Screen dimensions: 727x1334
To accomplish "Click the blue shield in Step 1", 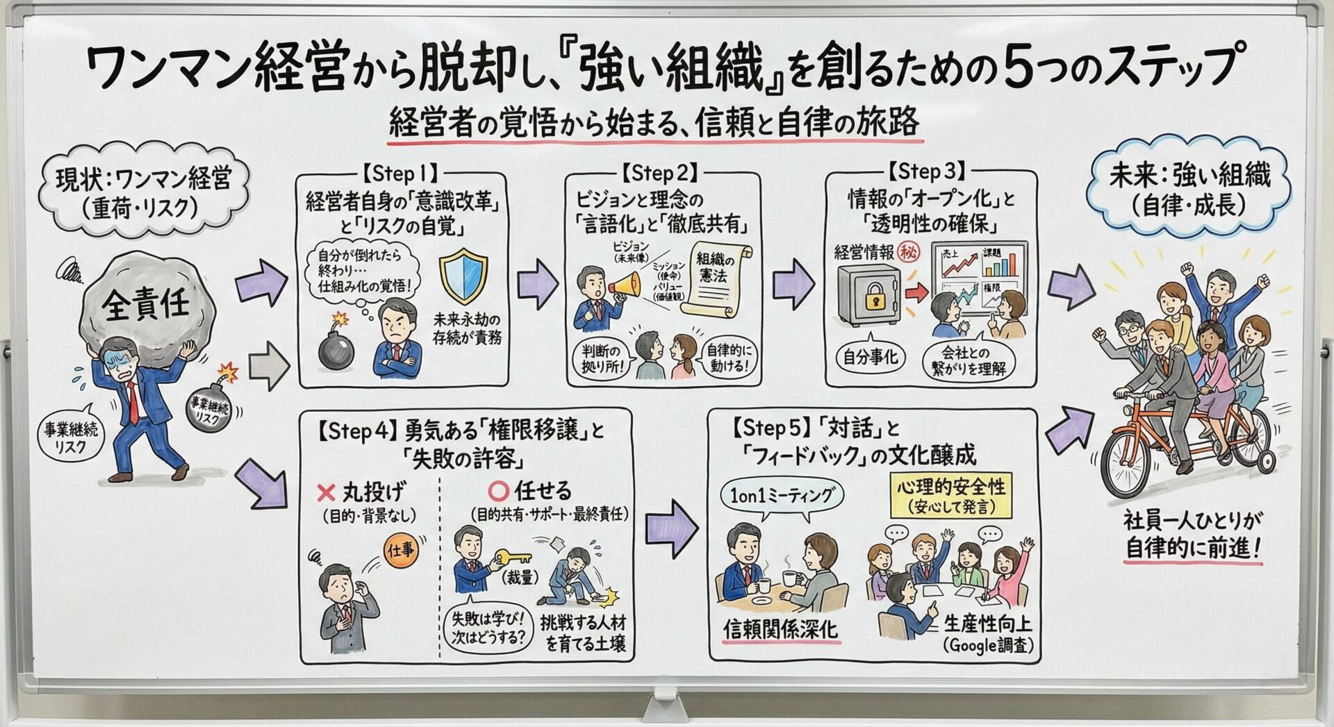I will click(x=463, y=276).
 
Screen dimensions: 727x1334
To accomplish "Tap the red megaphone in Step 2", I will click(x=624, y=285).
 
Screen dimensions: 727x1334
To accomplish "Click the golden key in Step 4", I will click(x=512, y=558).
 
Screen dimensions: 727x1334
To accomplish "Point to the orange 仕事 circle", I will click(x=402, y=551).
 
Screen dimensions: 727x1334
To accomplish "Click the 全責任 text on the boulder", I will click(x=146, y=303).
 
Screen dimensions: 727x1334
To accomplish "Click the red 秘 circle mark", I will click(x=908, y=251).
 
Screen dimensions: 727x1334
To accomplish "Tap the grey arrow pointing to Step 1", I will click(x=268, y=365).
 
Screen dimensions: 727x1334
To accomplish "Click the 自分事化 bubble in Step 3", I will click(x=870, y=357).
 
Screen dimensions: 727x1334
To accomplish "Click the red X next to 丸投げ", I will click(x=326, y=493).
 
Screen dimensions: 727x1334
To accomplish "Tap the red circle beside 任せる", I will click(x=498, y=492).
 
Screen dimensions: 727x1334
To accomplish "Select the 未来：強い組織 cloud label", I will click(x=1189, y=189).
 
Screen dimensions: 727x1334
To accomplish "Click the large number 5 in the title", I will click(x=1018, y=67).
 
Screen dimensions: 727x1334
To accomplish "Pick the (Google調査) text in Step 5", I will click(x=988, y=645).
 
